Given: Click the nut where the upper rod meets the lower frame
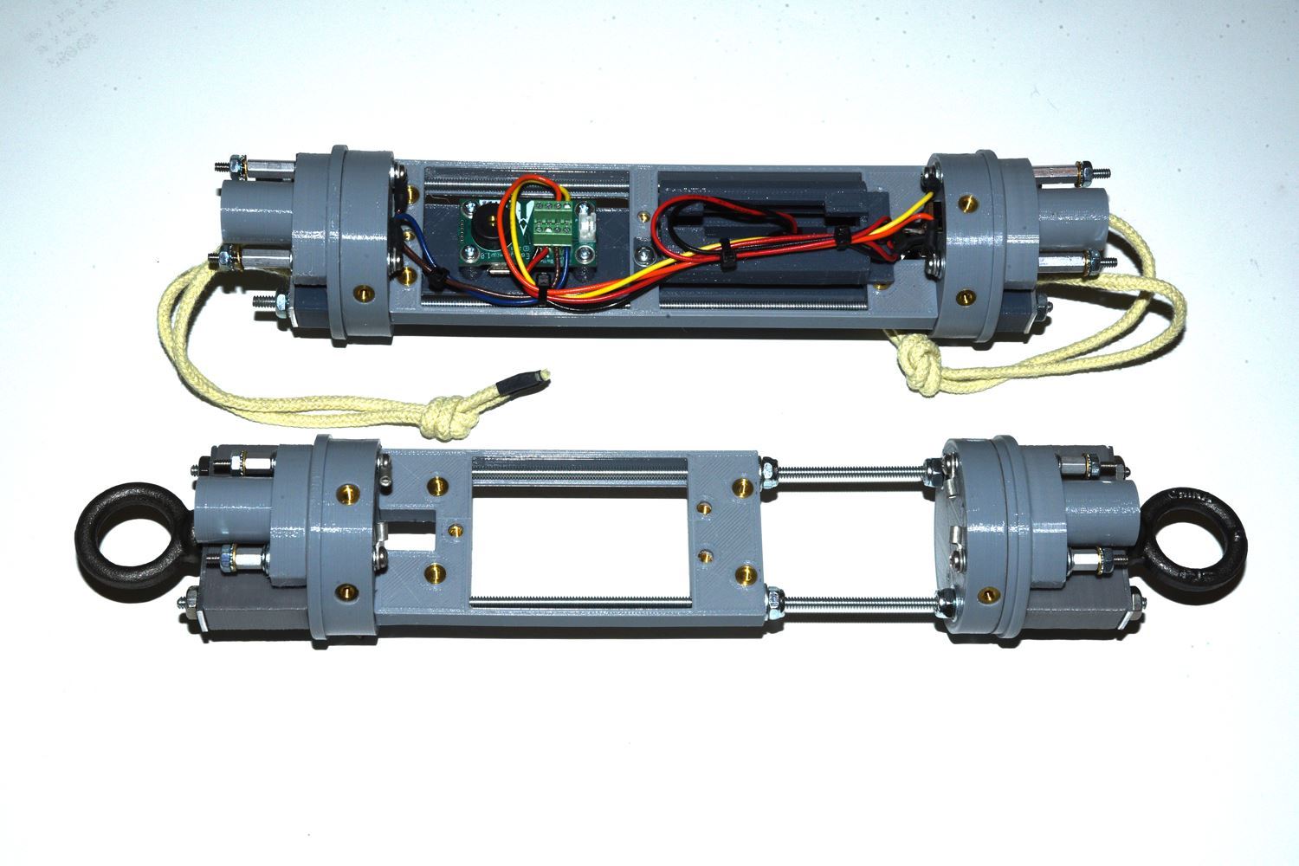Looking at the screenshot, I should coord(767,473).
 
